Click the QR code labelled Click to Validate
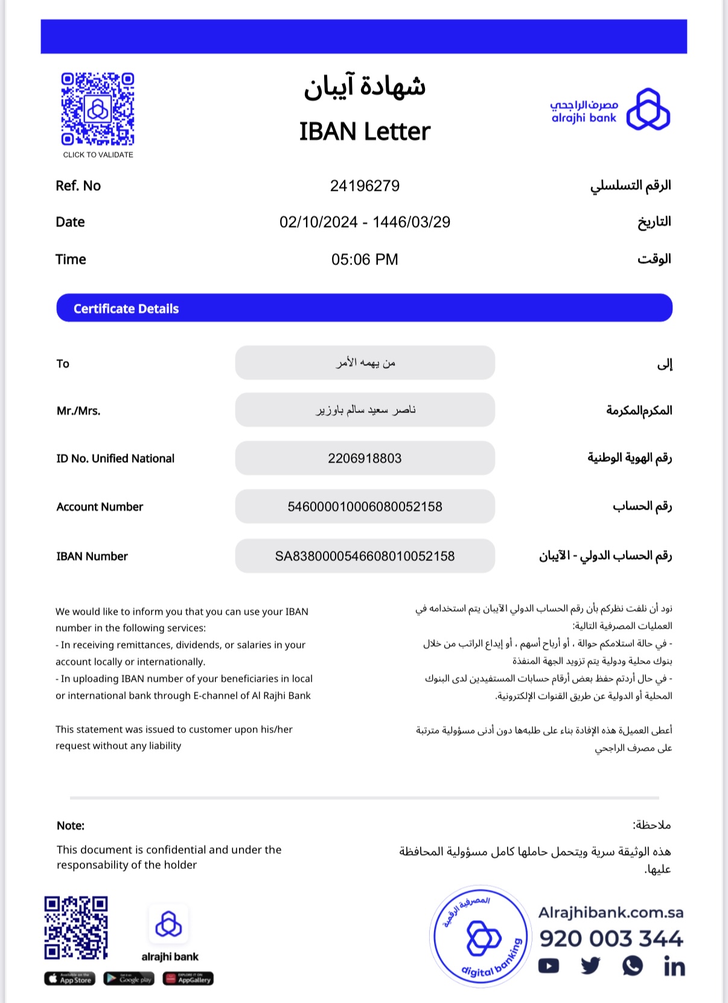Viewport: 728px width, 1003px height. click(x=97, y=109)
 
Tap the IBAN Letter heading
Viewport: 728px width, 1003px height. click(x=365, y=132)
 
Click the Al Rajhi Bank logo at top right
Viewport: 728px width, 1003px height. click(x=610, y=110)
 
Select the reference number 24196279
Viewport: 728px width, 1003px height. click(x=365, y=186)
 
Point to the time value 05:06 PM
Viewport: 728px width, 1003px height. click(x=365, y=260)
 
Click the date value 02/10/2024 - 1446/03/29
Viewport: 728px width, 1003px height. click(x=365, y=222)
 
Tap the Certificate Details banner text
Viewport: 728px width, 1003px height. click(x=126, y=309)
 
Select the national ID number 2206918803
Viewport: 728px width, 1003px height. click(x=365, y=458)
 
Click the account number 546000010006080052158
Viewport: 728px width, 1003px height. click(x=365, y=507)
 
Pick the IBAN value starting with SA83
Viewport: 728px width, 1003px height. click(x=365, y=556)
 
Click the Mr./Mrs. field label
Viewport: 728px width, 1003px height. click(x=78, y=411)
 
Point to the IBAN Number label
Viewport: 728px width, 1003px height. click(x=92, y=556)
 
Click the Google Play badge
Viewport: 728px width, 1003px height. click(x=129, y=979)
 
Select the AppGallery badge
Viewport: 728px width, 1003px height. click(x=188, y=979)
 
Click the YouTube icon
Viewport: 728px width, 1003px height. click(x=548, y=966)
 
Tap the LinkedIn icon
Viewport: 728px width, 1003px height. click(x=674, y=967)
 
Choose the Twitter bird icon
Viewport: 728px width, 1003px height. click(x=590, y=966)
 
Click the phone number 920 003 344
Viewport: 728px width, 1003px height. click(x=611, y=939)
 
